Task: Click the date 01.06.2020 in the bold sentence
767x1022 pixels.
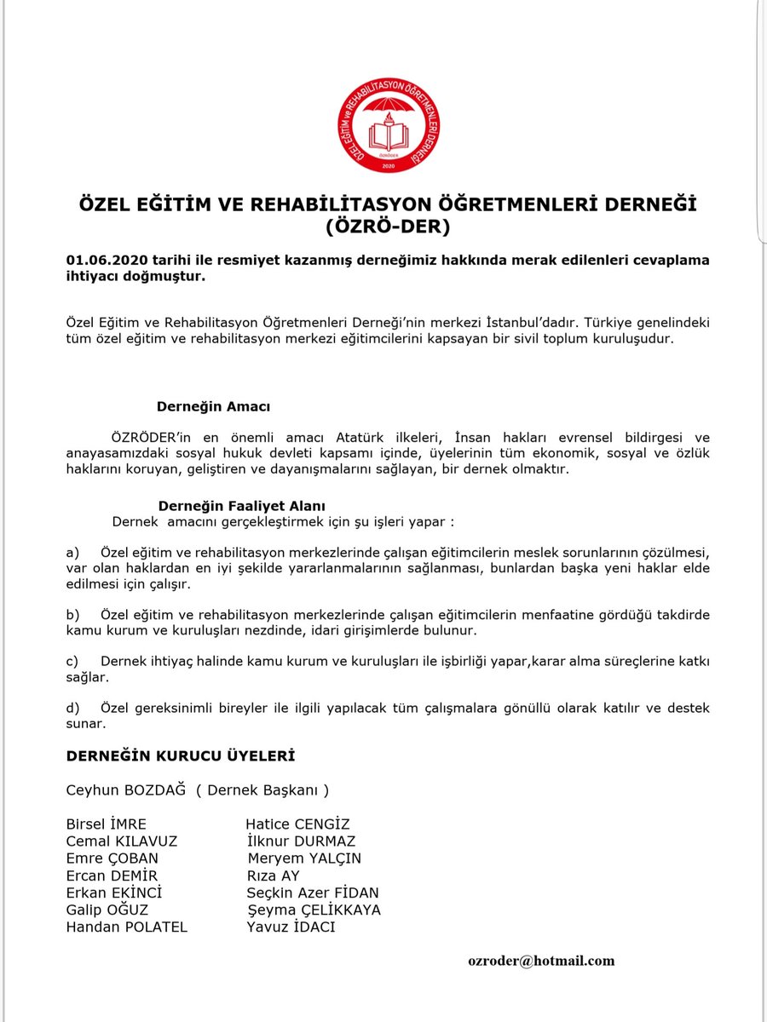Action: coord(100,259)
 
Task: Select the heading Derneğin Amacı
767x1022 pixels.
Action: coord(213,407)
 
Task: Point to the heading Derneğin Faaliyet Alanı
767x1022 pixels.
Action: coord(241,505)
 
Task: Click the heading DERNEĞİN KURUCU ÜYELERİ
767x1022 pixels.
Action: coord(181,755)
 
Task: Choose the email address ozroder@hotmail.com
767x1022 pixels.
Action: coord(541,960)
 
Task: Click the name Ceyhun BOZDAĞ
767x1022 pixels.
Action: coord(125,790)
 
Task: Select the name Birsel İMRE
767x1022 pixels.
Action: coord(107,824)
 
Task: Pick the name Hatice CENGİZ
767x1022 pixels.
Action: coord(297,824)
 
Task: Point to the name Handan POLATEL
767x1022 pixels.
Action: coord(126,927)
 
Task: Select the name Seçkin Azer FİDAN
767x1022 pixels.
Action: coord(313,893)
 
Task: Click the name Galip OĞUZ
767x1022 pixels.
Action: coord(106,910)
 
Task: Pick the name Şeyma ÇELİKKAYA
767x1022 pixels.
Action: coord(314,910)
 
